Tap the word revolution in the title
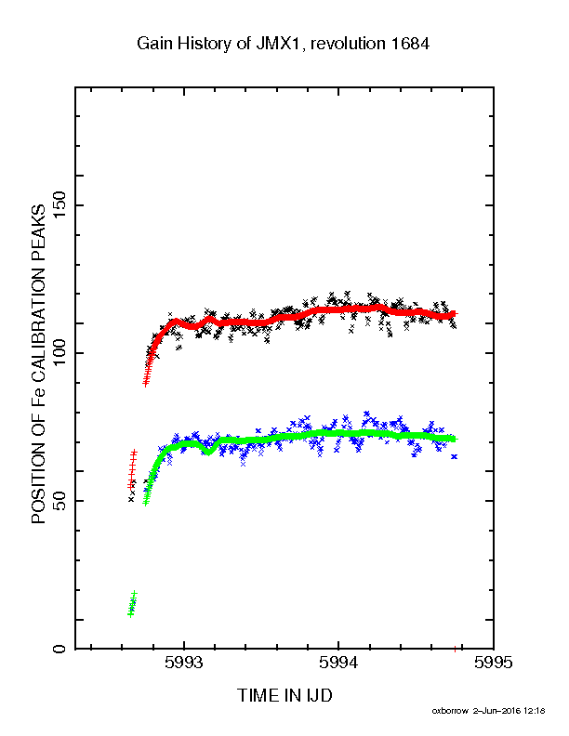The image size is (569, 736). click(x=348, y=44)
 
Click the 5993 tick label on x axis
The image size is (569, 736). click(x=184, y=663)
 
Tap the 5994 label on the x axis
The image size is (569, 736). click(x=338, y=663)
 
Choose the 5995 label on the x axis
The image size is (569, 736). click(x=493, y=663)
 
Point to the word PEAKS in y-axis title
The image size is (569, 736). click(x=38, y=232)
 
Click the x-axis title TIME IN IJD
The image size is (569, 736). click(x=285, y=695)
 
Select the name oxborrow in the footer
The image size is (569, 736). click(x=450, y=711)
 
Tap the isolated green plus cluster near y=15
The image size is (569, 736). click(x=132, y=604)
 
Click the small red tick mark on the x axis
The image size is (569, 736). click(x=455, y=650)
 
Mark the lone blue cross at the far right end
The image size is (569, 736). click(x=454, y=456)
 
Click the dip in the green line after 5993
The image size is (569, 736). click(x=209, y=452)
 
